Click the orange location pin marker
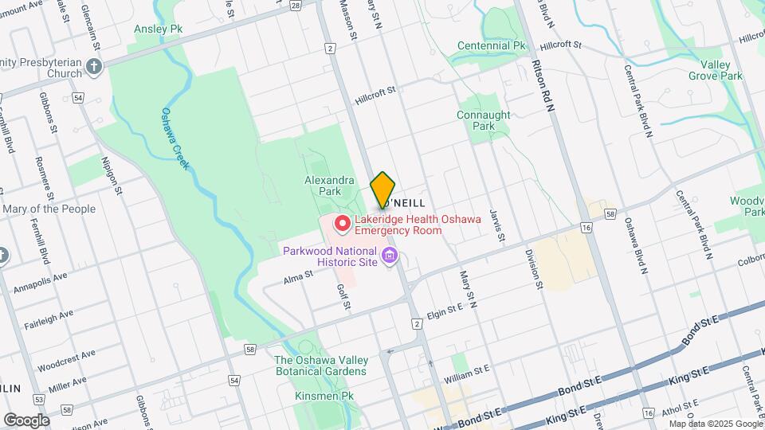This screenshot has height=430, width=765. tap(382, 190)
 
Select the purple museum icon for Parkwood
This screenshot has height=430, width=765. tap(390, 256)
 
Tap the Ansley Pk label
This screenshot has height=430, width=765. tap(158, 29)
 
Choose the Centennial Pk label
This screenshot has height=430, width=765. tap(492, 46)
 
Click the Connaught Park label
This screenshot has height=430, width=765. tap(483, 120)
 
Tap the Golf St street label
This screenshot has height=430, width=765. tap(343, 297)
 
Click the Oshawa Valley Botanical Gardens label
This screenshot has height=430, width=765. tap(321, 365)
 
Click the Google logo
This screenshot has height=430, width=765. tap(26, 420)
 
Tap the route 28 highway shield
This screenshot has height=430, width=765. tap(296, 5)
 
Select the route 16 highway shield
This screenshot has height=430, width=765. tap(586, 228)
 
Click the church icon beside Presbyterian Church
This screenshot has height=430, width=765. tap(94, 67)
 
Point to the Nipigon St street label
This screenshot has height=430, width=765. tap(110, 175)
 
